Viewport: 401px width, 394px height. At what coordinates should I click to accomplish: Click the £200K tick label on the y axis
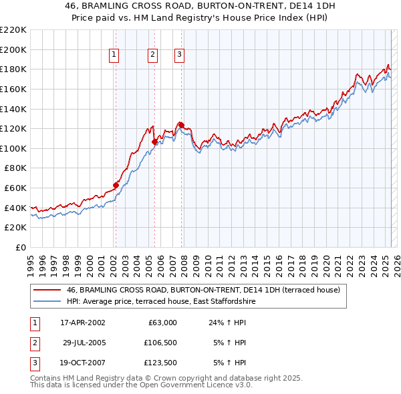[x=13, y=49]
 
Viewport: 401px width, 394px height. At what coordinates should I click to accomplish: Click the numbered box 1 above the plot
[x=114, y=55]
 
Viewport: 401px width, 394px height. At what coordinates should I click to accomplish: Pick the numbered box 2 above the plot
[x=153, y=55]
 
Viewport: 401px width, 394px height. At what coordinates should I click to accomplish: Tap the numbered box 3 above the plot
[x=180, y=55]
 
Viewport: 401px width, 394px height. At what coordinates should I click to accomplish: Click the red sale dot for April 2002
[x=116, y=185]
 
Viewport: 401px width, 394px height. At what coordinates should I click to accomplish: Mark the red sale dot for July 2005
[x=154, y=142]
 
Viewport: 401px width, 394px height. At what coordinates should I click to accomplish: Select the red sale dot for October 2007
[x=180, y=125]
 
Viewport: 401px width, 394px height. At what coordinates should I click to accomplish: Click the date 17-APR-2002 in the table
[x=83, y=323]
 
